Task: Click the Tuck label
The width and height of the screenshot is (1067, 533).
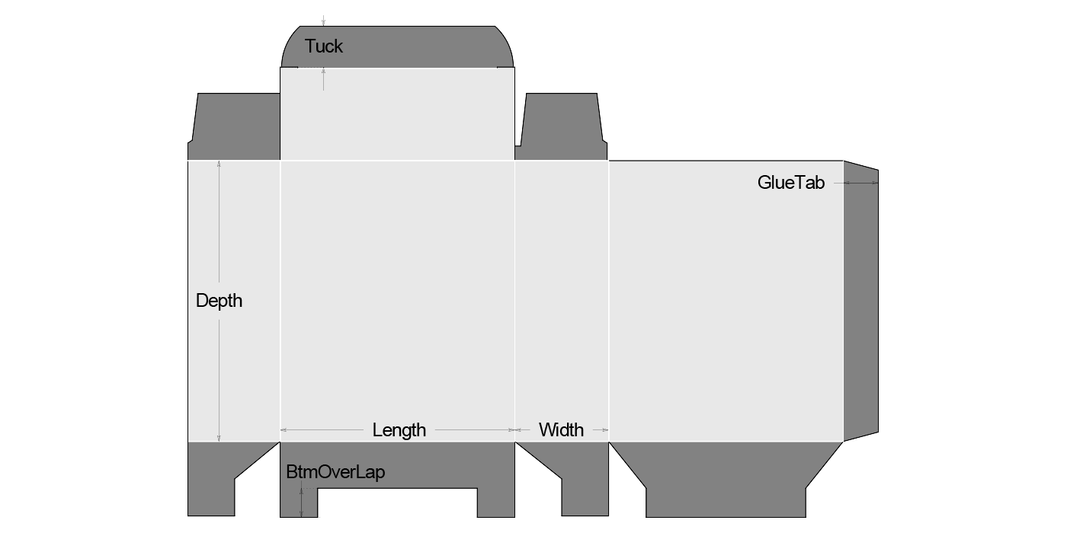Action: click(324, 46)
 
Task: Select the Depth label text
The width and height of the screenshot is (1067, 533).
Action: click(219, 301)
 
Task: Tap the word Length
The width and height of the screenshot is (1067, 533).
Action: click(399, 430)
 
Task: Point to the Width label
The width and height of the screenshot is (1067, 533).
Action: click(561, 430)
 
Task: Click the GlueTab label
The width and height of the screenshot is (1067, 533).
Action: click(790, 183)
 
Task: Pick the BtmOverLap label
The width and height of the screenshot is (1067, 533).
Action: click(335, 472)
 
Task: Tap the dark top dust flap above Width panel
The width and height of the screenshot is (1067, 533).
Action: click(562, 126)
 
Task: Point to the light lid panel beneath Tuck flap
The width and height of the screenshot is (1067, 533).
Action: click(397, 114)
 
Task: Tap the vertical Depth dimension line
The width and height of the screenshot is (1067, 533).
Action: click(219, 228)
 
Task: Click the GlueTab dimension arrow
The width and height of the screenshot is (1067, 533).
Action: click(861, 183)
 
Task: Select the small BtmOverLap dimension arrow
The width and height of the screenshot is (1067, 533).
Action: click(303, 503)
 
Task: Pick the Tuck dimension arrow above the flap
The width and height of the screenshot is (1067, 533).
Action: click(323, 21)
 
